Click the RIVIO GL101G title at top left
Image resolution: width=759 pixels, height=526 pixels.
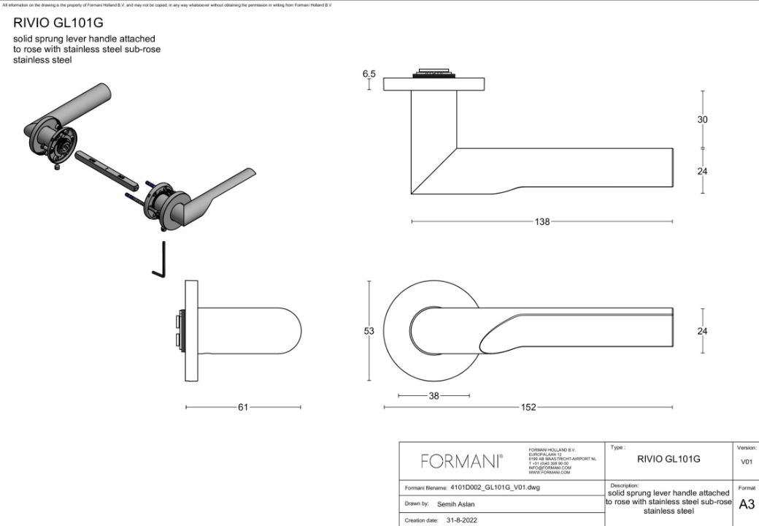click(x=58, y=23)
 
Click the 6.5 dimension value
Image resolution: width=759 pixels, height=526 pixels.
click(x=369, y=75)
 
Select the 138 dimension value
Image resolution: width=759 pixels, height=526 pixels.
click(x=542, y=222)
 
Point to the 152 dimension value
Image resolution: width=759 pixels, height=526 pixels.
click(x=528, y=408)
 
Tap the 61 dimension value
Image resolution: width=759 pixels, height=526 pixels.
click(x=243, y=408)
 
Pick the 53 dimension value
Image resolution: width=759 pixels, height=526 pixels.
click(x=369, y=331)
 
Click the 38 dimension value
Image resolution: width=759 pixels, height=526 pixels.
click(x=434, y=395)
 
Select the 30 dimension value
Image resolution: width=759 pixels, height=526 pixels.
click(x=702, y=120)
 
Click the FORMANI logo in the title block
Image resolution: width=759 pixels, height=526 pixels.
click(x=461, y=461)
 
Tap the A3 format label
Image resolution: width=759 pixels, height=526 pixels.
click(x=747, y=504)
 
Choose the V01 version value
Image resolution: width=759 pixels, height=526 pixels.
click(x=747, y=462)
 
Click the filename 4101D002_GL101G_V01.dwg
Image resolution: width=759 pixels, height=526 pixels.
click(x=495, y=487)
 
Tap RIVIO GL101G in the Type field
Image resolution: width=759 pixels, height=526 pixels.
click(x=669, y=460)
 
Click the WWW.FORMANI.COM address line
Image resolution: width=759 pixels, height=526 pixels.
click(x=549, y=473)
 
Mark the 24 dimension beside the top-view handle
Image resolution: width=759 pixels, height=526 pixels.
click(x=702, y=331)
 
